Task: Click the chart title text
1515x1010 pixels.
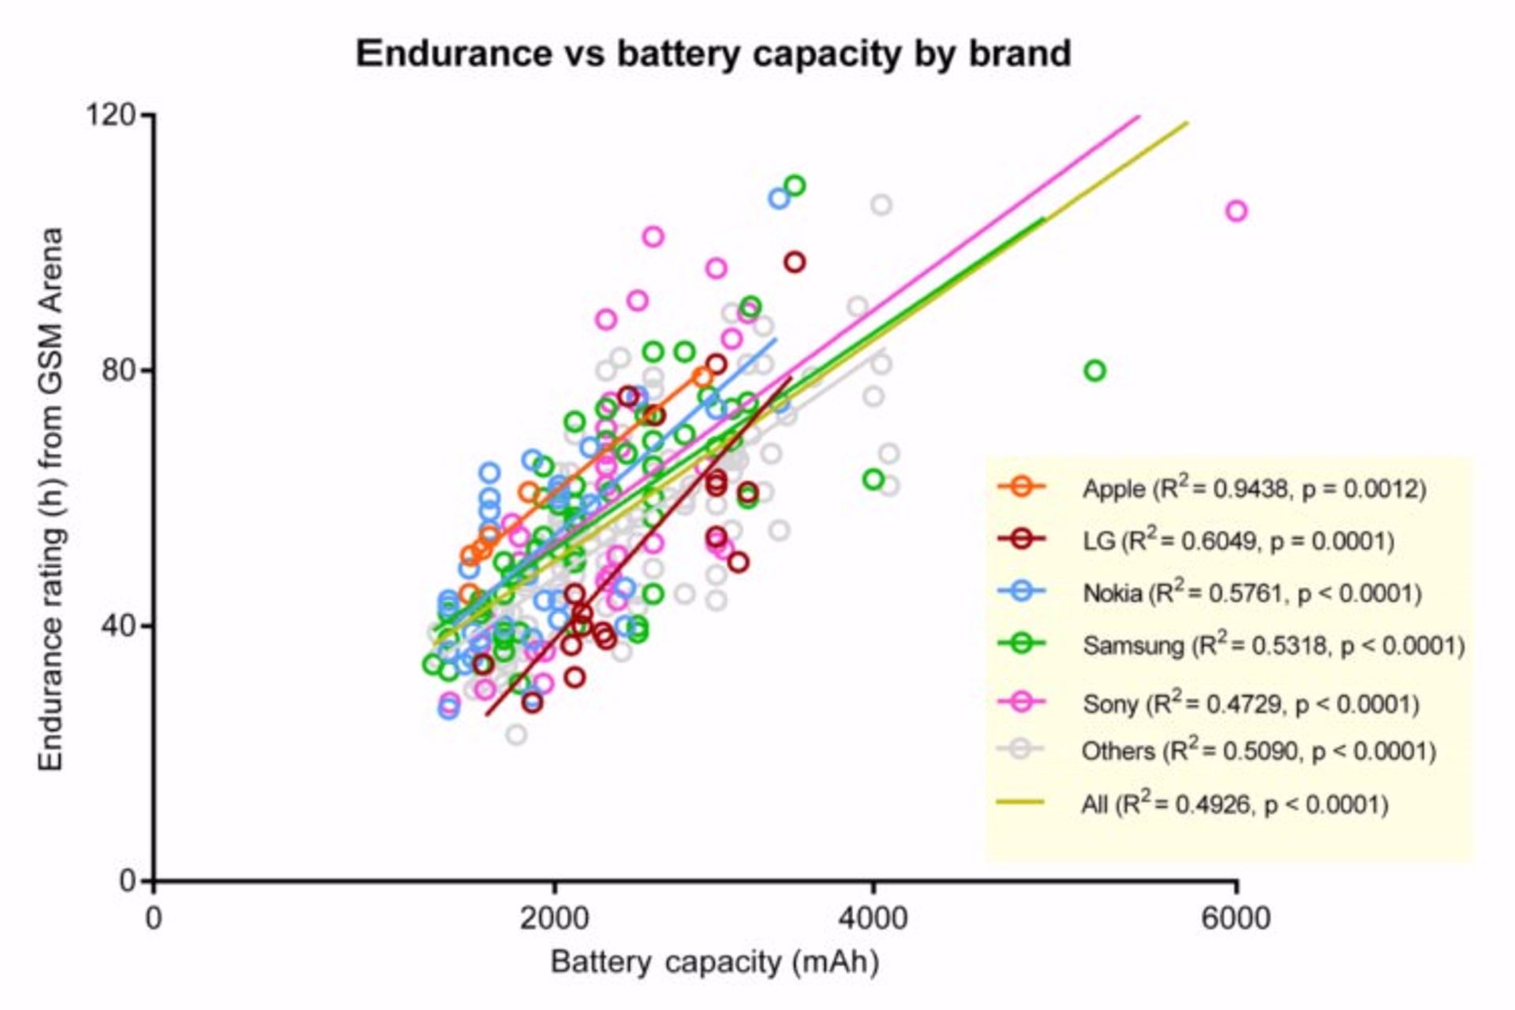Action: pyautogui.click(x=713, y=54)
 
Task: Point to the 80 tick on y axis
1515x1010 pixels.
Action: pyautogui.click(x=120, y=370)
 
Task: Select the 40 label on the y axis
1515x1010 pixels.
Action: pyautogui.click(x=120, y=626)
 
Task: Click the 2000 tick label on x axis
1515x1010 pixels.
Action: pyautogui.click(x=554, y=918)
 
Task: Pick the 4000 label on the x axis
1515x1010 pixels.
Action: pyautogui.click(x=872, y=918)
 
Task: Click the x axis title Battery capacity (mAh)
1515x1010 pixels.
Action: pyautogui.click(x=714, y=962)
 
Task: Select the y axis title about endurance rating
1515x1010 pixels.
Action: pyautogui.click(x=51, y=499)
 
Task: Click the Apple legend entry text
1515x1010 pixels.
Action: pyautogui.click(x=1254, y=489)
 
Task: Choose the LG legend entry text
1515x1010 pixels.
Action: pyautogui.click(x=1238, y=541)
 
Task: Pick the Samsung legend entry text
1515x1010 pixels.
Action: pyautogui.click(x=1273, y=645)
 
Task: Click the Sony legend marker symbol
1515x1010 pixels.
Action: pyautogui.click(x=1021, y=701)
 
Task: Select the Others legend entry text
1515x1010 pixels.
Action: pyautogui.click(x=1258, y=750)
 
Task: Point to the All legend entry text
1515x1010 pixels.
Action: pyautogui.click(x=1234, y=804)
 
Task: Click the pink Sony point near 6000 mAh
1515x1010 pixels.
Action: pyautogui.click(x=1236, y=211)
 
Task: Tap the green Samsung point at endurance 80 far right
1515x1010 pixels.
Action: pyautogui.click(x=1094, y=370)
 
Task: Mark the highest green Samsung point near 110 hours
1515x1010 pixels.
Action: pyautogui.click(x=795, y=185)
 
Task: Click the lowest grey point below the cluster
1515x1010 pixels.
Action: pyautogui.click(x=516, y=735)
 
